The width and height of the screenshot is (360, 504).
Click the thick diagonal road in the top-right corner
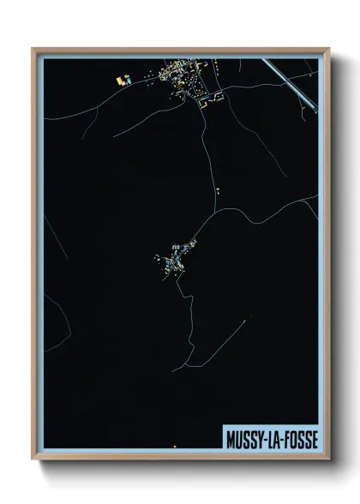tap(291, 85)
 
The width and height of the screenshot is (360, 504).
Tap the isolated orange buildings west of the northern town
tap(123, 81)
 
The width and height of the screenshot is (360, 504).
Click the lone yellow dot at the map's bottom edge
tap(175, 447)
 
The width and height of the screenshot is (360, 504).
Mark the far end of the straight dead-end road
tap(172, 369)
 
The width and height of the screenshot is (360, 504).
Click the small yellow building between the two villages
tap(218, 189)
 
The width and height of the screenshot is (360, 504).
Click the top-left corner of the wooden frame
tap(33, 49)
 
